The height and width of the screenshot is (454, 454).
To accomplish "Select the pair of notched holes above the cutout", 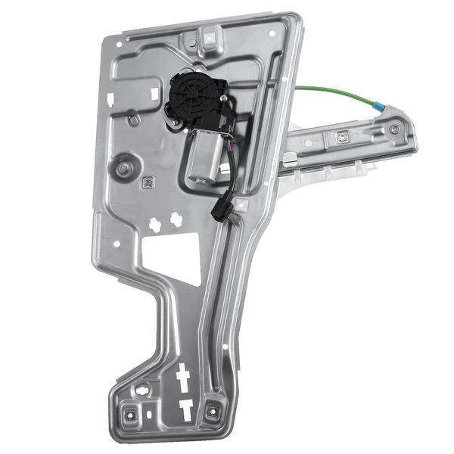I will (167, 222).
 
